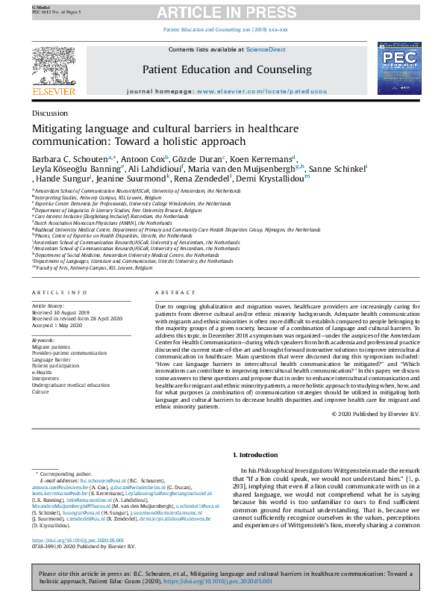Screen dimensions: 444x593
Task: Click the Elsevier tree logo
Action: [x=54, y=66]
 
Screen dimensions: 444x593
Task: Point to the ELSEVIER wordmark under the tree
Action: [x=54, y=92]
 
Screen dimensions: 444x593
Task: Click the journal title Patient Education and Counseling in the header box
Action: [x=227, y=69]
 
